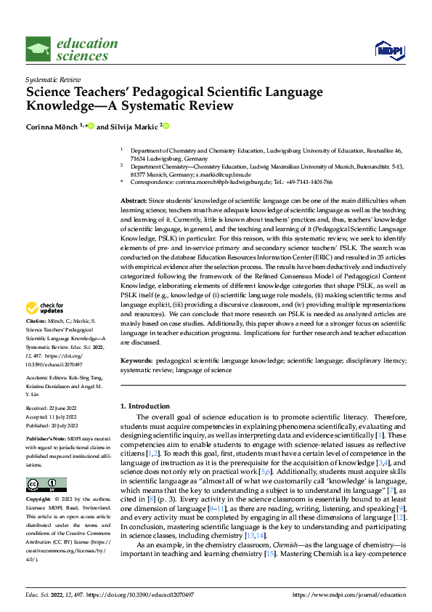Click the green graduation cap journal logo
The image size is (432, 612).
coord(38,49)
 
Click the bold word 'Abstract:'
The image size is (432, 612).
coord(134,199)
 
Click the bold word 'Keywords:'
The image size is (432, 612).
coord(136,360)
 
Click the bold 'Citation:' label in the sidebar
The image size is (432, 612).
coord(37,340)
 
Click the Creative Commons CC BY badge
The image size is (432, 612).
coord(46,485)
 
